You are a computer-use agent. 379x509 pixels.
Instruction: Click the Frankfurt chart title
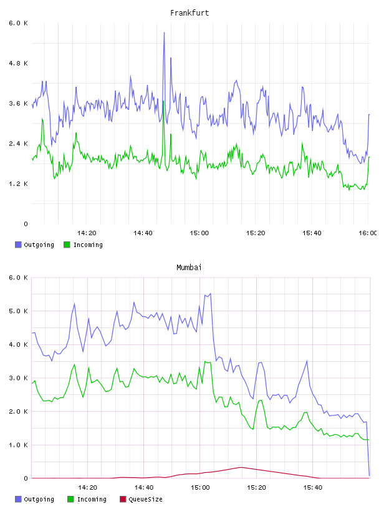pyautogui.click(x=189, y=13)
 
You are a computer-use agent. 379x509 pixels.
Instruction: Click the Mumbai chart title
pyautogui.click(x=189, y=268)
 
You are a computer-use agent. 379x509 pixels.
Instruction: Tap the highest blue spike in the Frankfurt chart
pyautogui.click(x=164, y=32)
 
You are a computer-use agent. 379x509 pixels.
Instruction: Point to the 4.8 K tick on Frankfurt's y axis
pyautogui.click(x=19, y=63)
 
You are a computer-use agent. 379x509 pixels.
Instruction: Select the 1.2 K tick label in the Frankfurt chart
pyautogui.click(x=19, y=184)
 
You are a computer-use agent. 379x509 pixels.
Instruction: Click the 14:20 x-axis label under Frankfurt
pyautogui.click(x=87, y=233)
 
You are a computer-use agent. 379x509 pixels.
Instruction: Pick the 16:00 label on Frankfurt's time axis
pyautogui.click(x=368, y=233)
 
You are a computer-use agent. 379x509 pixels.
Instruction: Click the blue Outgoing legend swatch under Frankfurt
pyautogui.click(x=18, y=245)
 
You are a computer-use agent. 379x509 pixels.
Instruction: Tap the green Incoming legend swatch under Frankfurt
pyautogui.click(x=67, y=245)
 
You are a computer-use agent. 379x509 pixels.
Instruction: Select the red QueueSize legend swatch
pyautogui.click(x=123, y=499)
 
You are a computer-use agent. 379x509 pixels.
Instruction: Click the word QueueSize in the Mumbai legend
pyautogui.click(x=145, y=499)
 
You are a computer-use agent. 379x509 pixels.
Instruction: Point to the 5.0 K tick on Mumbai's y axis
pyautogui.click(x=19, y=311)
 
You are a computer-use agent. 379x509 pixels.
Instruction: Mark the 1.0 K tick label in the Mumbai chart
pyautogui.click(x=19, y=445)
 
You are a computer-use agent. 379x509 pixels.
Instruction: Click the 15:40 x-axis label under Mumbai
pyautogui.click(x=313, y=487)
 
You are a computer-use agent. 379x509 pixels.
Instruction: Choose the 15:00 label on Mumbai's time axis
pyautogui.click(x=200, y=487)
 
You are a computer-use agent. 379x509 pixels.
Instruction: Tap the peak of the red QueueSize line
pyautogui.click(x=241, y=467)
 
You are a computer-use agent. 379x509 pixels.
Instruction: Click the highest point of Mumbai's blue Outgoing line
pyautogui.click(x=211, y=293)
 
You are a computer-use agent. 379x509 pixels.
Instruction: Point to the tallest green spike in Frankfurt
pyautogui.click(x=163, y=101)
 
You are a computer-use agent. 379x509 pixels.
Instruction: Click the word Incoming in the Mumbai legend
pyautogui.click(x=92, y=499)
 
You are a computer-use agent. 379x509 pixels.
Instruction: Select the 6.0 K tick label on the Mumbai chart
pyautogui.click(x=19, y=278)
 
